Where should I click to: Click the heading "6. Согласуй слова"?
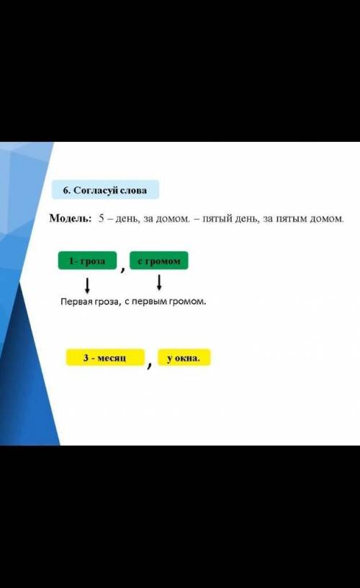pyautogui.click(x=105, y=190)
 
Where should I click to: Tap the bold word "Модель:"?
pyautogui.click(x=71, y=218)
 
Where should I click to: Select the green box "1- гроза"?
pyautogui.click(x=87, y=261)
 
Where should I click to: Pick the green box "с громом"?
pyautogui.click(x=159, y=261)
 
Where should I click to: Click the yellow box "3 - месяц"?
pyautogui.click(x=105, y=358)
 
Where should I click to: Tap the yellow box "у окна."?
pyautogui.click(x=184, y=358)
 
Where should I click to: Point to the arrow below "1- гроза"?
pyautogui.click(x=87, y=286)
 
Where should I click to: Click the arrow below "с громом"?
pyautogui.click(x=159, y=282)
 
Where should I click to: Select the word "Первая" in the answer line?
pyautogui.click(x=74, y=302)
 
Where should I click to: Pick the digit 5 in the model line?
pyautogui.click(x=102, y=218)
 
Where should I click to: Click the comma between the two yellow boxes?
pyautogui.click(x=150, y=364)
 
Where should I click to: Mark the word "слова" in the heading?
pyautogui.click(x=133, y=191)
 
